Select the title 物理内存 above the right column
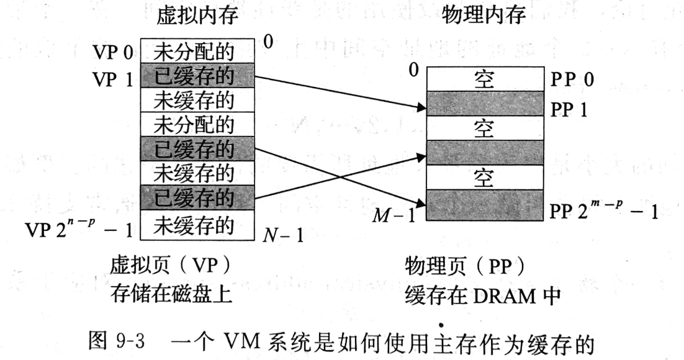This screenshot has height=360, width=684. coord(484,16)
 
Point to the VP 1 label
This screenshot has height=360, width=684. coord(113,78)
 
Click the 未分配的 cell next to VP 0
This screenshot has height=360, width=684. coord(197,51)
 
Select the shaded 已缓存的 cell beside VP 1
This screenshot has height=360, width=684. coord(197,76)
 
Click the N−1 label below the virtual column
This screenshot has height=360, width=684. coord(283,235)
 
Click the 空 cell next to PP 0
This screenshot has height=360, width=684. coord(484,80)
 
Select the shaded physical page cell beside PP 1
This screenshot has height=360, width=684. coord(484,104)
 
